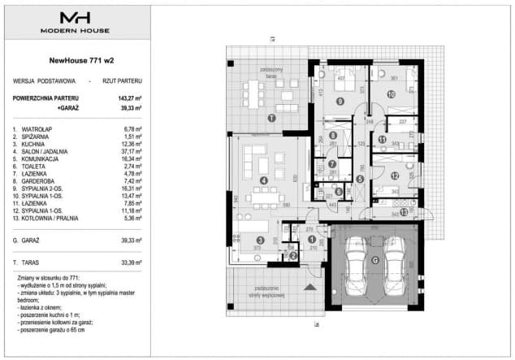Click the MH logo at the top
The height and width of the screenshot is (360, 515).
tap(76, 17)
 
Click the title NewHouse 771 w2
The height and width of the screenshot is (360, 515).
tap(76, 60)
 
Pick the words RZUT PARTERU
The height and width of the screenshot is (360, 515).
tap(123, 82)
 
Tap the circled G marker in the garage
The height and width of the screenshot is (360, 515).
tap(375, 260)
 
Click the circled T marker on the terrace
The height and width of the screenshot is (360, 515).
tap(271, 119)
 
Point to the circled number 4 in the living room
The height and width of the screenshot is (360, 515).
tap(262, 180)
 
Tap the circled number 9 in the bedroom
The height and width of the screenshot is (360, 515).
tap(340, 101)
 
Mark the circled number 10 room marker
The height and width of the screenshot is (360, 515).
tap(391, 94)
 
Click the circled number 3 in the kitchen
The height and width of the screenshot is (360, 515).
tap(259, 241)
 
